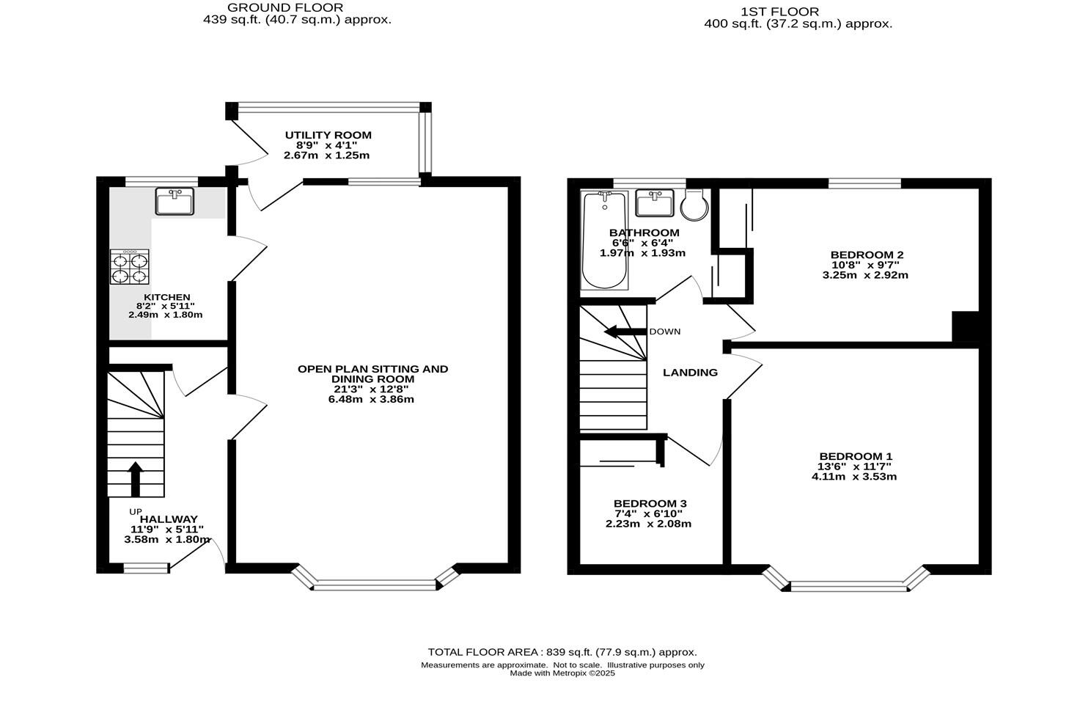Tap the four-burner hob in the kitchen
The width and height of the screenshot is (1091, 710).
pos(130,267)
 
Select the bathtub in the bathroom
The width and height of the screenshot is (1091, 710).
pos(604,241)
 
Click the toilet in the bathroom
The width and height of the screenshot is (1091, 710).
pos(694,205)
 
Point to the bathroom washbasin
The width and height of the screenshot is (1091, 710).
pos(655,203)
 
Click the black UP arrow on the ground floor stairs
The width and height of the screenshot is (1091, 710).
pos(135,479)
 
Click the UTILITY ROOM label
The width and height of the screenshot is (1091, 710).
pos(328,135)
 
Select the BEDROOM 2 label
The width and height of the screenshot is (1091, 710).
pos(866,255)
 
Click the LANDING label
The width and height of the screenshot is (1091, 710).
pos(690,373)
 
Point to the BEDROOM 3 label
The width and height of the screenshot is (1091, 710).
pos(650,503)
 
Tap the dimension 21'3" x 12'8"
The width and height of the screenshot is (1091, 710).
pos(372,389)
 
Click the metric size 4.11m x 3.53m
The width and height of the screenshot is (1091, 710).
pos(854,476)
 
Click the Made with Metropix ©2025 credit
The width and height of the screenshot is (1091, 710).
pos(562,673)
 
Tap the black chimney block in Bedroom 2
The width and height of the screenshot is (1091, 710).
pos(965,326)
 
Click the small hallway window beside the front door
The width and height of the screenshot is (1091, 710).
pos(146,567)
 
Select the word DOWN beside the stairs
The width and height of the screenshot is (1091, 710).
pos(664,332)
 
